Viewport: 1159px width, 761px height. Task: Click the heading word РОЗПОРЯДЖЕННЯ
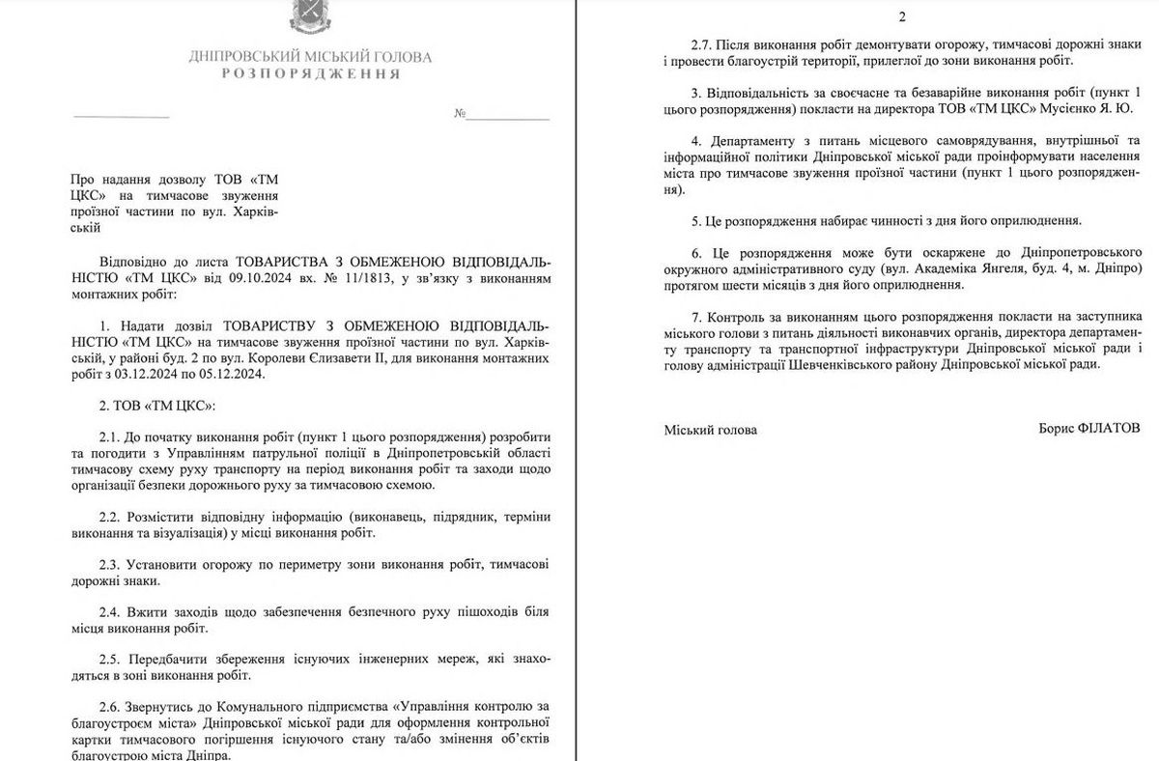click(x=310, y=74)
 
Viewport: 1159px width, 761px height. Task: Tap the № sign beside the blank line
click(x=460, y=114)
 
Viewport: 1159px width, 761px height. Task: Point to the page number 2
click(x=902, y=16)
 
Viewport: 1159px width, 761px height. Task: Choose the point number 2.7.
click(x=704, y=44)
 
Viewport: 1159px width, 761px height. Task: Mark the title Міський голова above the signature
click(x=711, y=430)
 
